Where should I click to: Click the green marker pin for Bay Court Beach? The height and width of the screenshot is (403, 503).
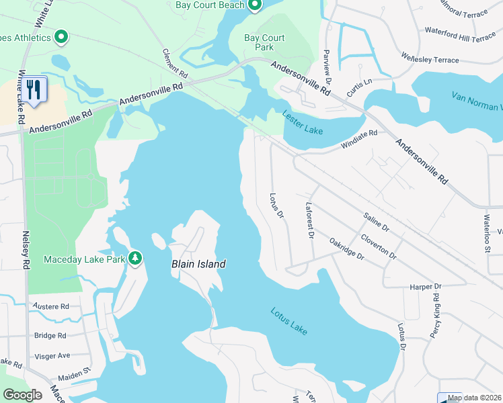[254, 6]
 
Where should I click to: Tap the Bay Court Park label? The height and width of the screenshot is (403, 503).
[264, 43]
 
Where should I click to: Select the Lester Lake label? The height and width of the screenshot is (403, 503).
[303, 123]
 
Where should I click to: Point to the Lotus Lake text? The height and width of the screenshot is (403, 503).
[289, 321]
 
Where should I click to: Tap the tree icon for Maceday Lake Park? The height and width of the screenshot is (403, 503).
[135, 258]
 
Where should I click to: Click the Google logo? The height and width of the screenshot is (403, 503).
[22, 395]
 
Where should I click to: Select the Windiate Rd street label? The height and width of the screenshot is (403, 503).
[359, 138]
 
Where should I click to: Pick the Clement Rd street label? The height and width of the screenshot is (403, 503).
[173, 61]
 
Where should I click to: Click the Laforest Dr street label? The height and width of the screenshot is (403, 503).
[310, 220]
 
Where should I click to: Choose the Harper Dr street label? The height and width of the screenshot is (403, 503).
[425, 287]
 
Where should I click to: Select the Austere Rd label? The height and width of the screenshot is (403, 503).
[50, 306]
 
